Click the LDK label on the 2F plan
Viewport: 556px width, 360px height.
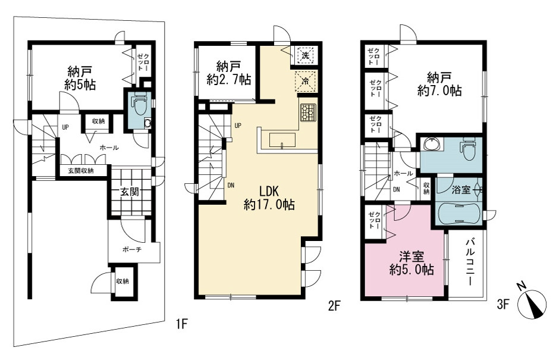(269, 192)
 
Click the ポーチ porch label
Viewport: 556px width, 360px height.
(132, 250)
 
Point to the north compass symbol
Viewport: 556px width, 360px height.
(532, 303)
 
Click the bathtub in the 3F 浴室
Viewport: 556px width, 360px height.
(460, 214)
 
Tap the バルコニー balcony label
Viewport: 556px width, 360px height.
(470, 262)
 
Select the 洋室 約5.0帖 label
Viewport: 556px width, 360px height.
(411, 263)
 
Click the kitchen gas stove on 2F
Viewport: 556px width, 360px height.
(308, 112)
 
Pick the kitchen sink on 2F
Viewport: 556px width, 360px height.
(282, 140)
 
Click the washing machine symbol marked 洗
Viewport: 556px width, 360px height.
(305, 55)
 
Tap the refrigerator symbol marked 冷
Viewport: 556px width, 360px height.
(305, 80)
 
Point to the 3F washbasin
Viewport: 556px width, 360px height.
(432, 145)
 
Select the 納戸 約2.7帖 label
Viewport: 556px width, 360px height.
(229, 73)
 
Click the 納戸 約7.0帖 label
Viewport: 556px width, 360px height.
(439, 84)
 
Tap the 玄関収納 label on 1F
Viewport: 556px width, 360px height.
(81, 171)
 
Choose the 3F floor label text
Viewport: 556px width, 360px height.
(503, 304)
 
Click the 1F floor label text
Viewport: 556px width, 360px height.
(181, 324)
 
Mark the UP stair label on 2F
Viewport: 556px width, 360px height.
(238, 126)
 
